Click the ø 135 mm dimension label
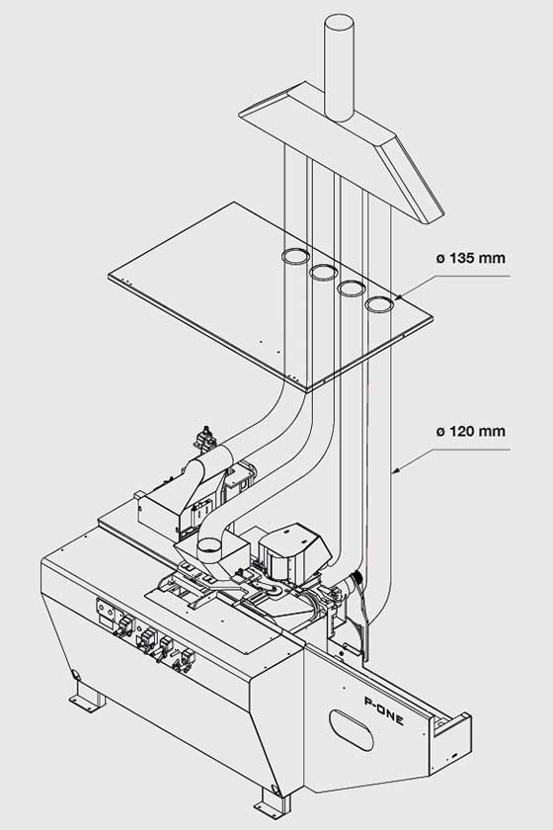click(470, 258)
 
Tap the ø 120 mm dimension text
click(470, 432)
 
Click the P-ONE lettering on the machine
click(384, 710)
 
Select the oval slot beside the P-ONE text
click(352, 730)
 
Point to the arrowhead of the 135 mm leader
click(397, 297)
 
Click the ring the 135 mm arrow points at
click(379, 304)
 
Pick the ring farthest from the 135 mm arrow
click(295, 256)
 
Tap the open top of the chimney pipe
click(339, 23)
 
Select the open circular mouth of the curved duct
click(210, 544)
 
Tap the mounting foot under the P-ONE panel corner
click(273, 802)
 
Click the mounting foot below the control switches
click(87, 695)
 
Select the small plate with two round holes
click(108, 613)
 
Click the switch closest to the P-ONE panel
click(186, 660)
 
